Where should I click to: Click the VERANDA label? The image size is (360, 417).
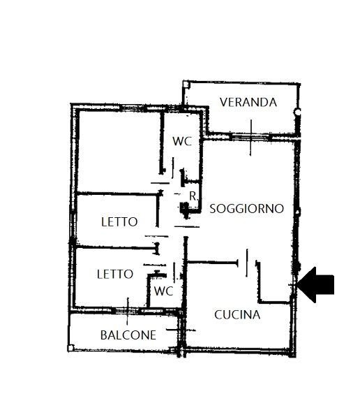(x=248, y=102)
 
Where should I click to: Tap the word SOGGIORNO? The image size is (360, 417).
(x=246, y=208)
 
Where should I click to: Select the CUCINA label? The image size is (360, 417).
(x=237, y=314)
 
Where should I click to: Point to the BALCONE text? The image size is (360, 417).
(x=128, y=335)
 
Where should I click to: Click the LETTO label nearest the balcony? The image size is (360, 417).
(x=114, y=274)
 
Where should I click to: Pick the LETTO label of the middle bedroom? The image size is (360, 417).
(x=119, y=222)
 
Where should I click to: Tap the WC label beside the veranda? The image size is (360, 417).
(x=182, y=140)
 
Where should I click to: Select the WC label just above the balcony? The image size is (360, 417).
(x=163, y=290)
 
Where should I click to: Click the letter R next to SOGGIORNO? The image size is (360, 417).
(x=193, y=196)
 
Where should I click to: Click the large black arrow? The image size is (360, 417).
(x=317, y=284)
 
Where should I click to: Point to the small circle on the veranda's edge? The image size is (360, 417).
(x=298, y=112)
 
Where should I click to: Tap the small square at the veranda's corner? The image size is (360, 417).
(x=186, y=85)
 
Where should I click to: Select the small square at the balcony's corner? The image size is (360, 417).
(x=71, y=347)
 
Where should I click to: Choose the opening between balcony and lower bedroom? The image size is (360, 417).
(x=128, y=309)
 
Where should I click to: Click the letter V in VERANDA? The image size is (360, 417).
(x=223, y=102)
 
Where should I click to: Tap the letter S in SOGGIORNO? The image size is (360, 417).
(x=213, y=208)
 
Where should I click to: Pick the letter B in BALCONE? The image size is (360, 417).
(x=104, y=335)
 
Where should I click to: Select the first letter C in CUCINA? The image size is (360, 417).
(x=218, y=314)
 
